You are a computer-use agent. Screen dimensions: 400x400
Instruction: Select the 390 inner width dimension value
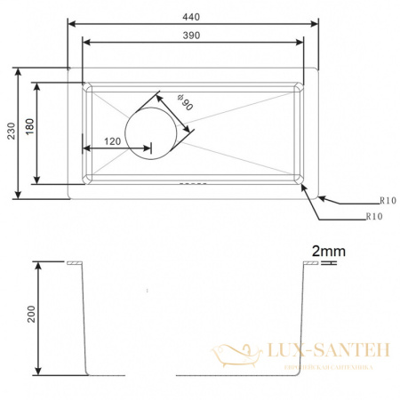click(x=192, y=35)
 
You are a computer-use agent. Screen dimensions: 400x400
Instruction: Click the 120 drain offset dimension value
click(x=112, y=141)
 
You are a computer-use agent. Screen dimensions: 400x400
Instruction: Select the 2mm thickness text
click(x=323, y=252)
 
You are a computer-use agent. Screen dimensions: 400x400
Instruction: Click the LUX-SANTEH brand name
click(x=323, y=352)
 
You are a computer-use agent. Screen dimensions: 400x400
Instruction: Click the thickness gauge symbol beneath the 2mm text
click(x=323, y=264)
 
